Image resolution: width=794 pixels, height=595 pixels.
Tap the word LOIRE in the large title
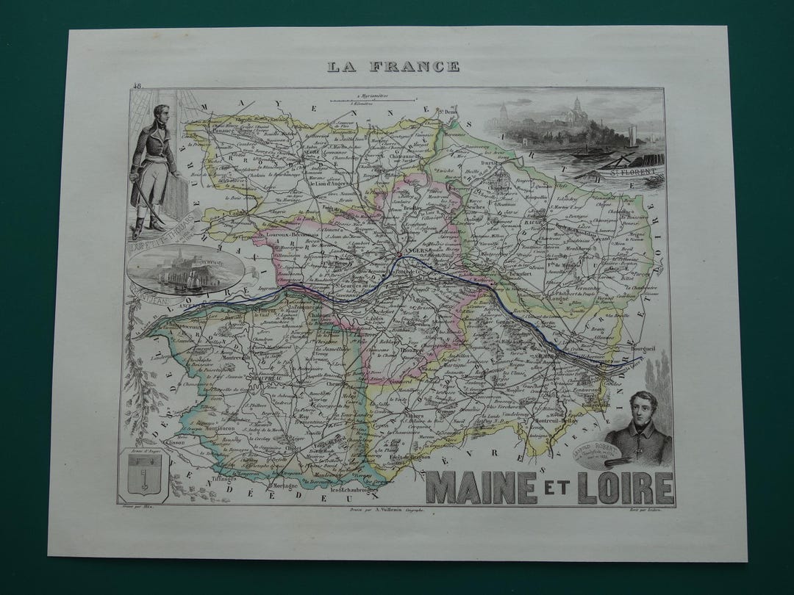click(625, 488)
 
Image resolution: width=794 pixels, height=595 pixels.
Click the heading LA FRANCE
click(393, 67)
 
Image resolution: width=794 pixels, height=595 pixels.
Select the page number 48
click(137, 86)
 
